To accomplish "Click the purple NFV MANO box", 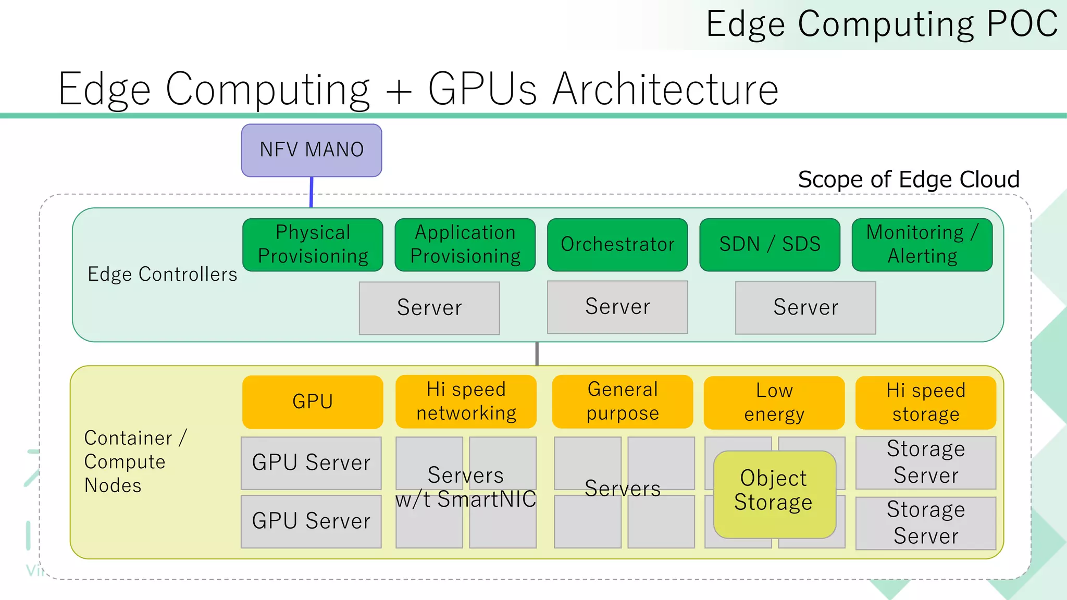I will tap(312, 150).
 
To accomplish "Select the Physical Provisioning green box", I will tap(313, 244).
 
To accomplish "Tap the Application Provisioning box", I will tap(465, 244).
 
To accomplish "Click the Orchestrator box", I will tap(617, 244).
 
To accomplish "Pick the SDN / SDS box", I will tap(770, 244).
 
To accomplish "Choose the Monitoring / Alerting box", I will tap(922, 244).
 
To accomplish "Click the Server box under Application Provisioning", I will tap(429, 308).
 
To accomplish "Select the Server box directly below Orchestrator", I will tap(617, 307).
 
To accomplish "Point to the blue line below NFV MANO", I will tap(312, 192).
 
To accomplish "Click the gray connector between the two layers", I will tap(537, 354).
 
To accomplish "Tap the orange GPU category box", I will tap(313, 402).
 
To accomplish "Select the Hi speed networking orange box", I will tap(466, 402).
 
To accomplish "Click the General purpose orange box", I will tap(623, 402).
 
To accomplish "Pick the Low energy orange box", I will tap(774, 403).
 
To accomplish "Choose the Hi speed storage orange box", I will tap(926, 403).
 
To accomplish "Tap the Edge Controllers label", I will tap(162, 274).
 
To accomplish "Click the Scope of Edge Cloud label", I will tap(908, 180).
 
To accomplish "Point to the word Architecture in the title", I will tap(665, 90).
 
